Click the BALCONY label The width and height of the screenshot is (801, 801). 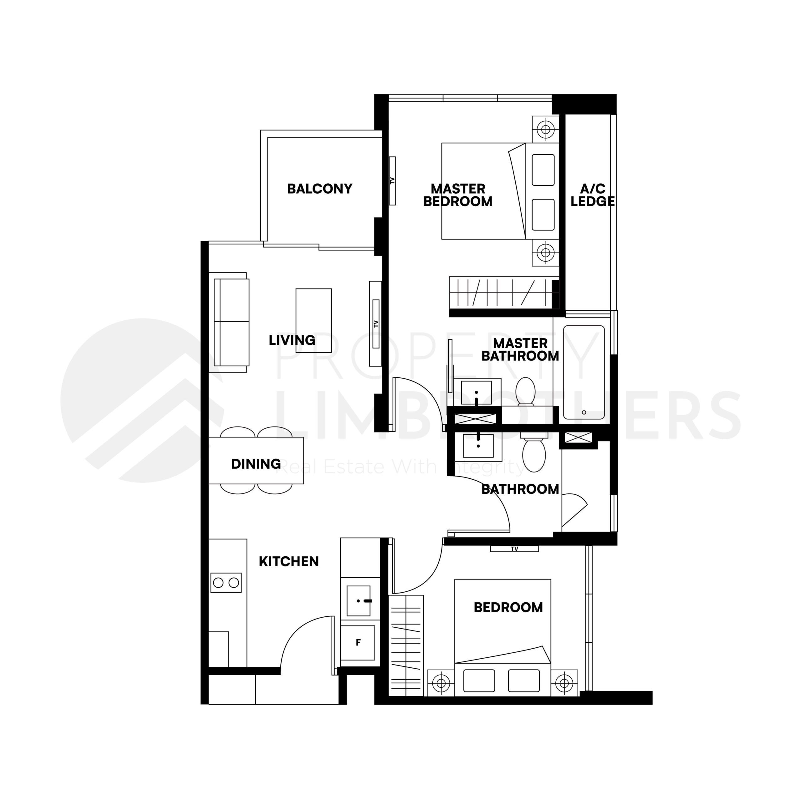320,189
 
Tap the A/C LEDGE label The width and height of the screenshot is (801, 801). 592,195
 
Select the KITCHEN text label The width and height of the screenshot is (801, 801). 288,562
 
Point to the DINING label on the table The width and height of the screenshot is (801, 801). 256,464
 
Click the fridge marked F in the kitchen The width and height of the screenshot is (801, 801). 358,643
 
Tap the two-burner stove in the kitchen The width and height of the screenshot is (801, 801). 226,583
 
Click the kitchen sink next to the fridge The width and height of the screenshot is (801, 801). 358,601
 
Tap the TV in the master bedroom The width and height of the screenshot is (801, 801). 392,181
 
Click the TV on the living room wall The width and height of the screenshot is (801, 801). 375,324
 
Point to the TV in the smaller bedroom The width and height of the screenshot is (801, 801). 514,548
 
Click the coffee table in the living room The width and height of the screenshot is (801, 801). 314,320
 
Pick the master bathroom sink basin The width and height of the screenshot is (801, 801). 476,393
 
